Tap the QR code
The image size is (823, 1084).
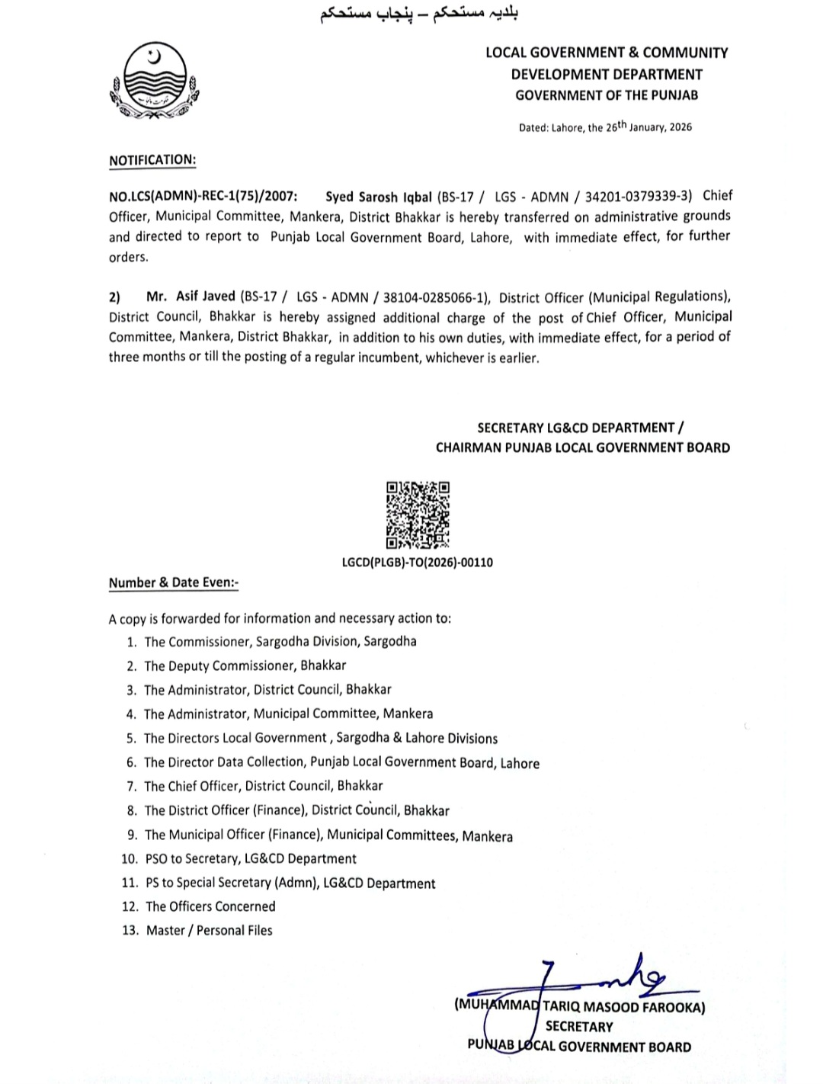418,515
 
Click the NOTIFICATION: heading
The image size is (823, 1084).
152,160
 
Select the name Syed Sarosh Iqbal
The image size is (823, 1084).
379,197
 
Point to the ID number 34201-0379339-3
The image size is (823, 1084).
639,196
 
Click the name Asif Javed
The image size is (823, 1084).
205,297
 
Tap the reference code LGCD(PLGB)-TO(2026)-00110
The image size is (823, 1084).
418,563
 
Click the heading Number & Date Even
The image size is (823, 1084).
174,582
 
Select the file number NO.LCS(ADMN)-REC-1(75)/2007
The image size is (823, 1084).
203,197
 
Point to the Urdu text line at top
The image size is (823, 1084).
418,14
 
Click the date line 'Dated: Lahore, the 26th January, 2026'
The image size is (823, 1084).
605,127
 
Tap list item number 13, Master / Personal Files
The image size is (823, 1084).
208,930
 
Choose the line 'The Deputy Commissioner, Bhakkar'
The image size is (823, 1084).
245,665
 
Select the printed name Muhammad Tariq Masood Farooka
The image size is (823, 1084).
579,1006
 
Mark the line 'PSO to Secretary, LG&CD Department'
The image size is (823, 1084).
251,858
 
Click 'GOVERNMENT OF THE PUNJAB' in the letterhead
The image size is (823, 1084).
607,95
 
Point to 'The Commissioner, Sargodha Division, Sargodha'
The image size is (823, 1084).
280,641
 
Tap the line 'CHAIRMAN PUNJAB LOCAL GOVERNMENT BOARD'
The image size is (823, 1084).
582,447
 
